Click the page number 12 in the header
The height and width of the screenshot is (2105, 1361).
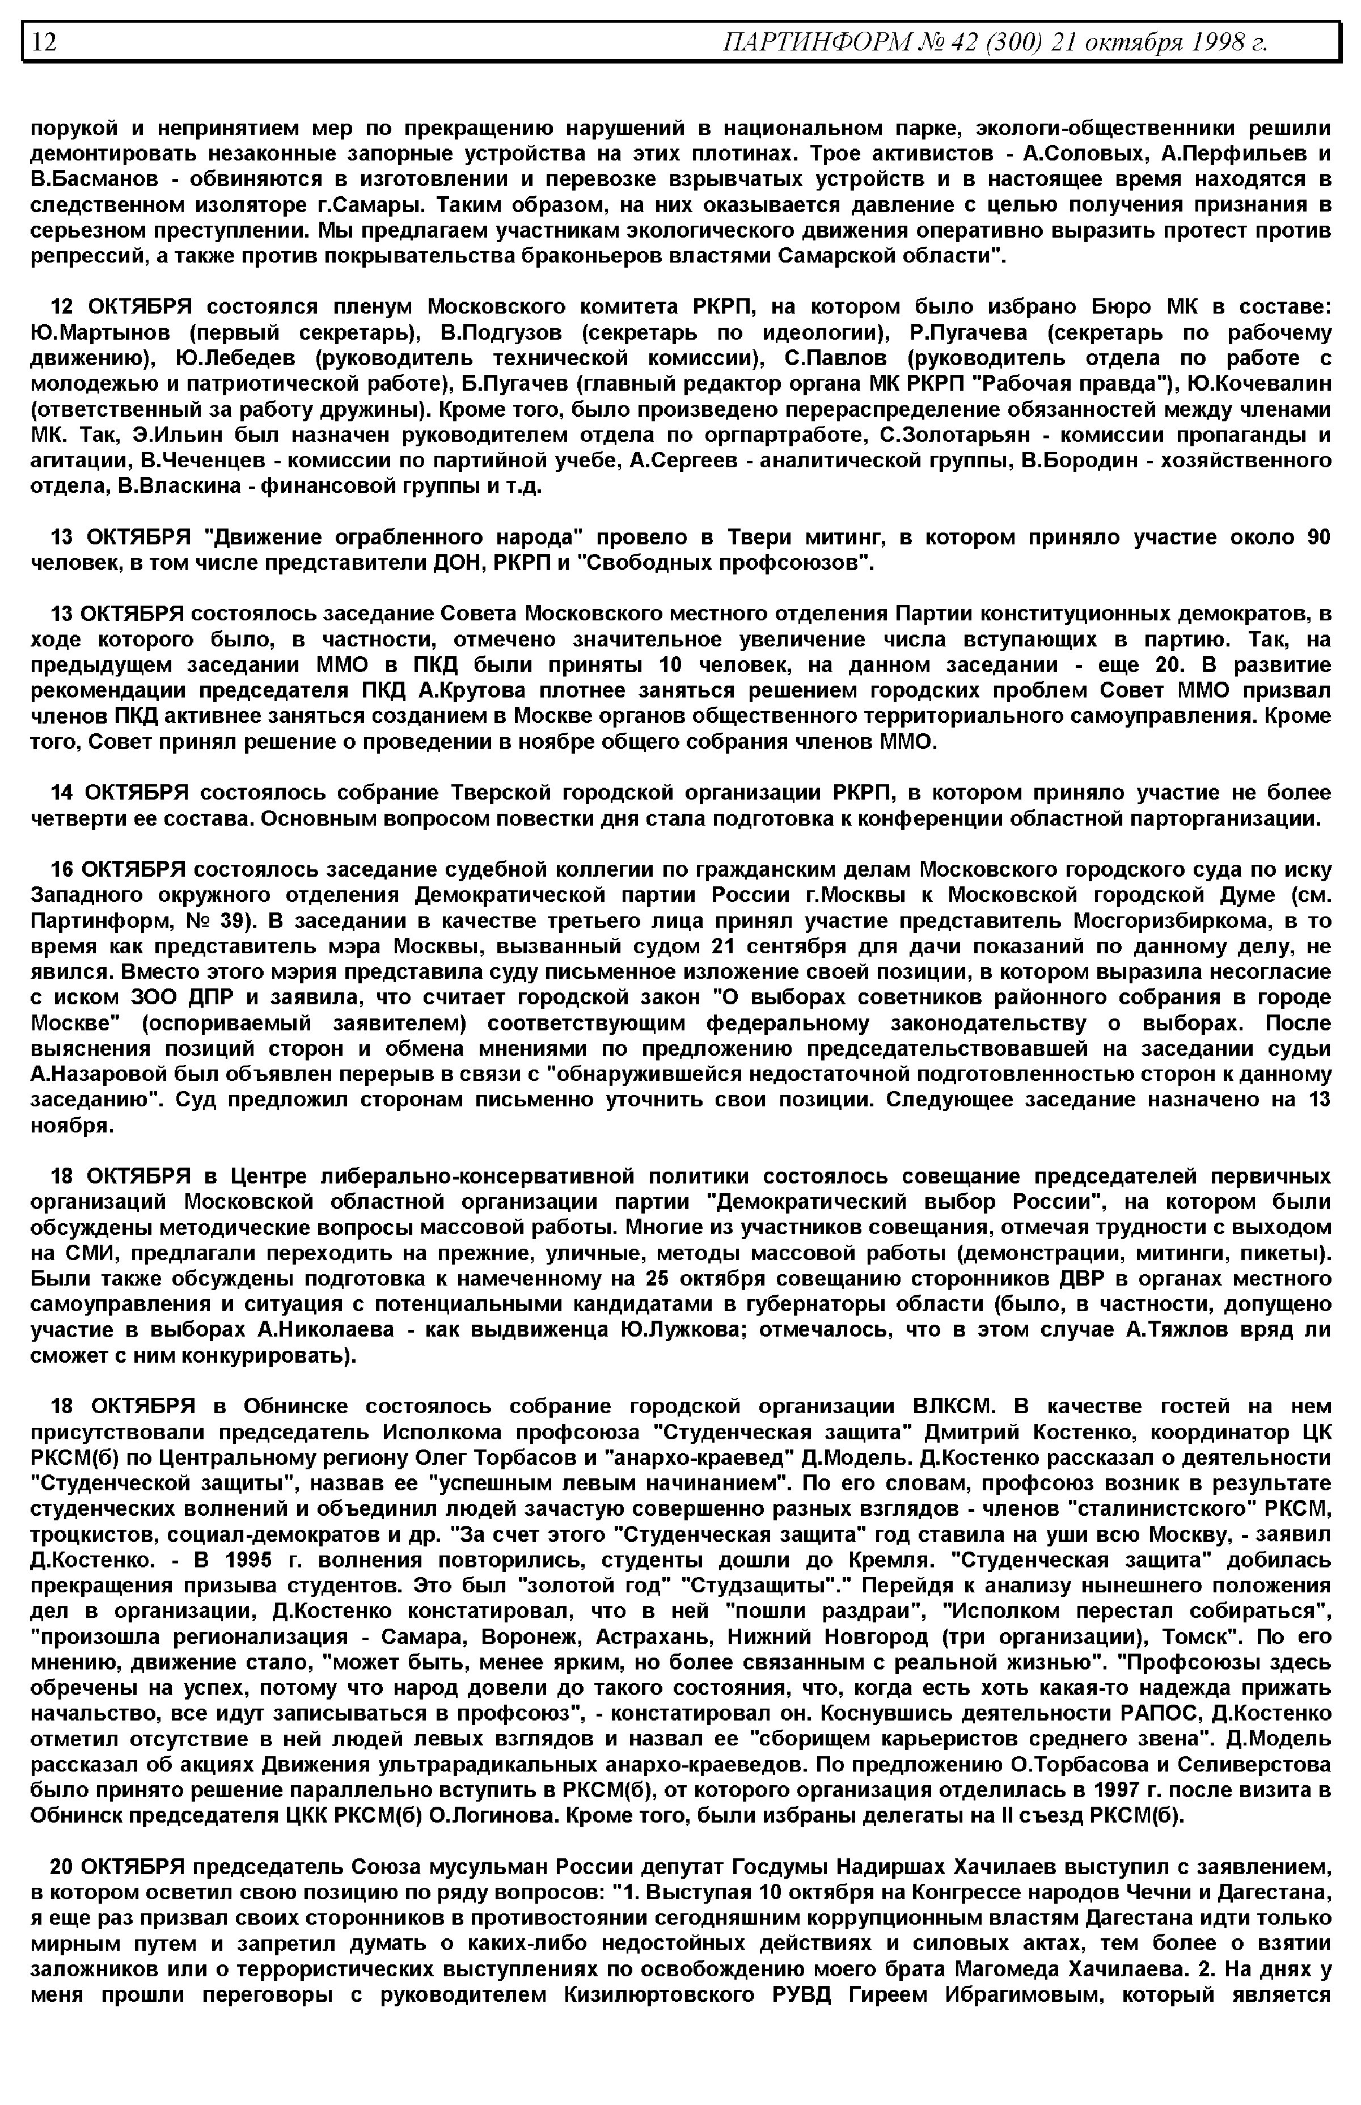44,41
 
